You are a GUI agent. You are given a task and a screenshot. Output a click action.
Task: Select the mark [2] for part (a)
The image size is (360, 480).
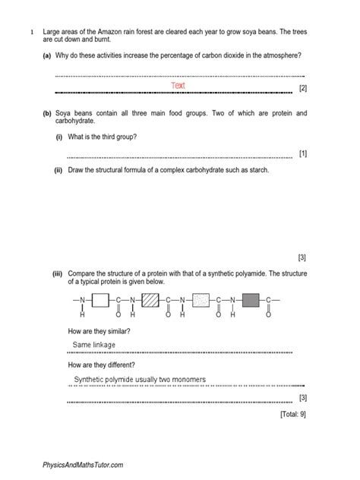click(x=303, y=90)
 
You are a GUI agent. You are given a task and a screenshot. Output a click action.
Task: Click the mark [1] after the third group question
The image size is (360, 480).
click(x=303, y=154)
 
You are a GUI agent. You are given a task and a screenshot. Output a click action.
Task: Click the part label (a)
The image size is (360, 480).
click(x=48, y=55)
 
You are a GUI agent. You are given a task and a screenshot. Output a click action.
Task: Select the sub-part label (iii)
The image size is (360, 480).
click(x=58, y=272)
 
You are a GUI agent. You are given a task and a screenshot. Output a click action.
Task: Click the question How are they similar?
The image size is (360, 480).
click(x=99, y=332)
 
